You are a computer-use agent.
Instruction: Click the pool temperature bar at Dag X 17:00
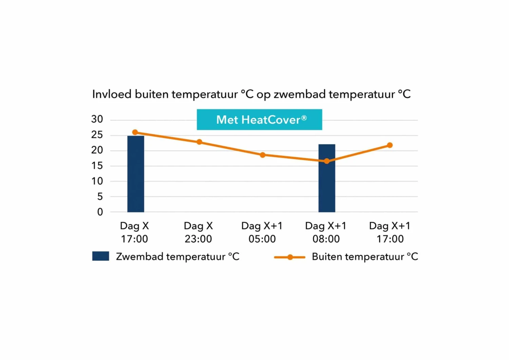coord(136,174)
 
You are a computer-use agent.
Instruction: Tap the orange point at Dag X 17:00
coord(135,132)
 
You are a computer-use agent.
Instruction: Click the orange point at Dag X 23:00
coord(199,142)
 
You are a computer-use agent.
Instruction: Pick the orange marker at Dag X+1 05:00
coord(263,155)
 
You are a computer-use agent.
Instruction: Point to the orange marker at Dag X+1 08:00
coord(326,161)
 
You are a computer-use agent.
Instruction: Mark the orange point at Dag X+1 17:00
coord(390,145)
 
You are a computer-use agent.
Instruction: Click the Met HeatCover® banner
coord(259,119)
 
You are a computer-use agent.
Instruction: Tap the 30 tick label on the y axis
coord(97,119)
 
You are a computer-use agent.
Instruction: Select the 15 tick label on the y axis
coord(97,166)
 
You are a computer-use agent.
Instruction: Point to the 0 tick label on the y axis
coord(100,212)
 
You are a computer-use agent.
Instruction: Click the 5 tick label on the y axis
coord(100,196)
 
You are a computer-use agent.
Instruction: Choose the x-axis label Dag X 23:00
coord(199,232)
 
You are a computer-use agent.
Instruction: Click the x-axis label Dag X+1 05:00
coord(262,232)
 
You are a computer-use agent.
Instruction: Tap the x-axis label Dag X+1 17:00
coord(390,232)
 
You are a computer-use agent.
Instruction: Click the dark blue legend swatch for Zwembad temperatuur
coord(100,256)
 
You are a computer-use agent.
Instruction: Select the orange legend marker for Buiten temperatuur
coord(290,257)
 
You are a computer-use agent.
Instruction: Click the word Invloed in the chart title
coord(112,94)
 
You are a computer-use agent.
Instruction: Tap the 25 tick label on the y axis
coord(97,135)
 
